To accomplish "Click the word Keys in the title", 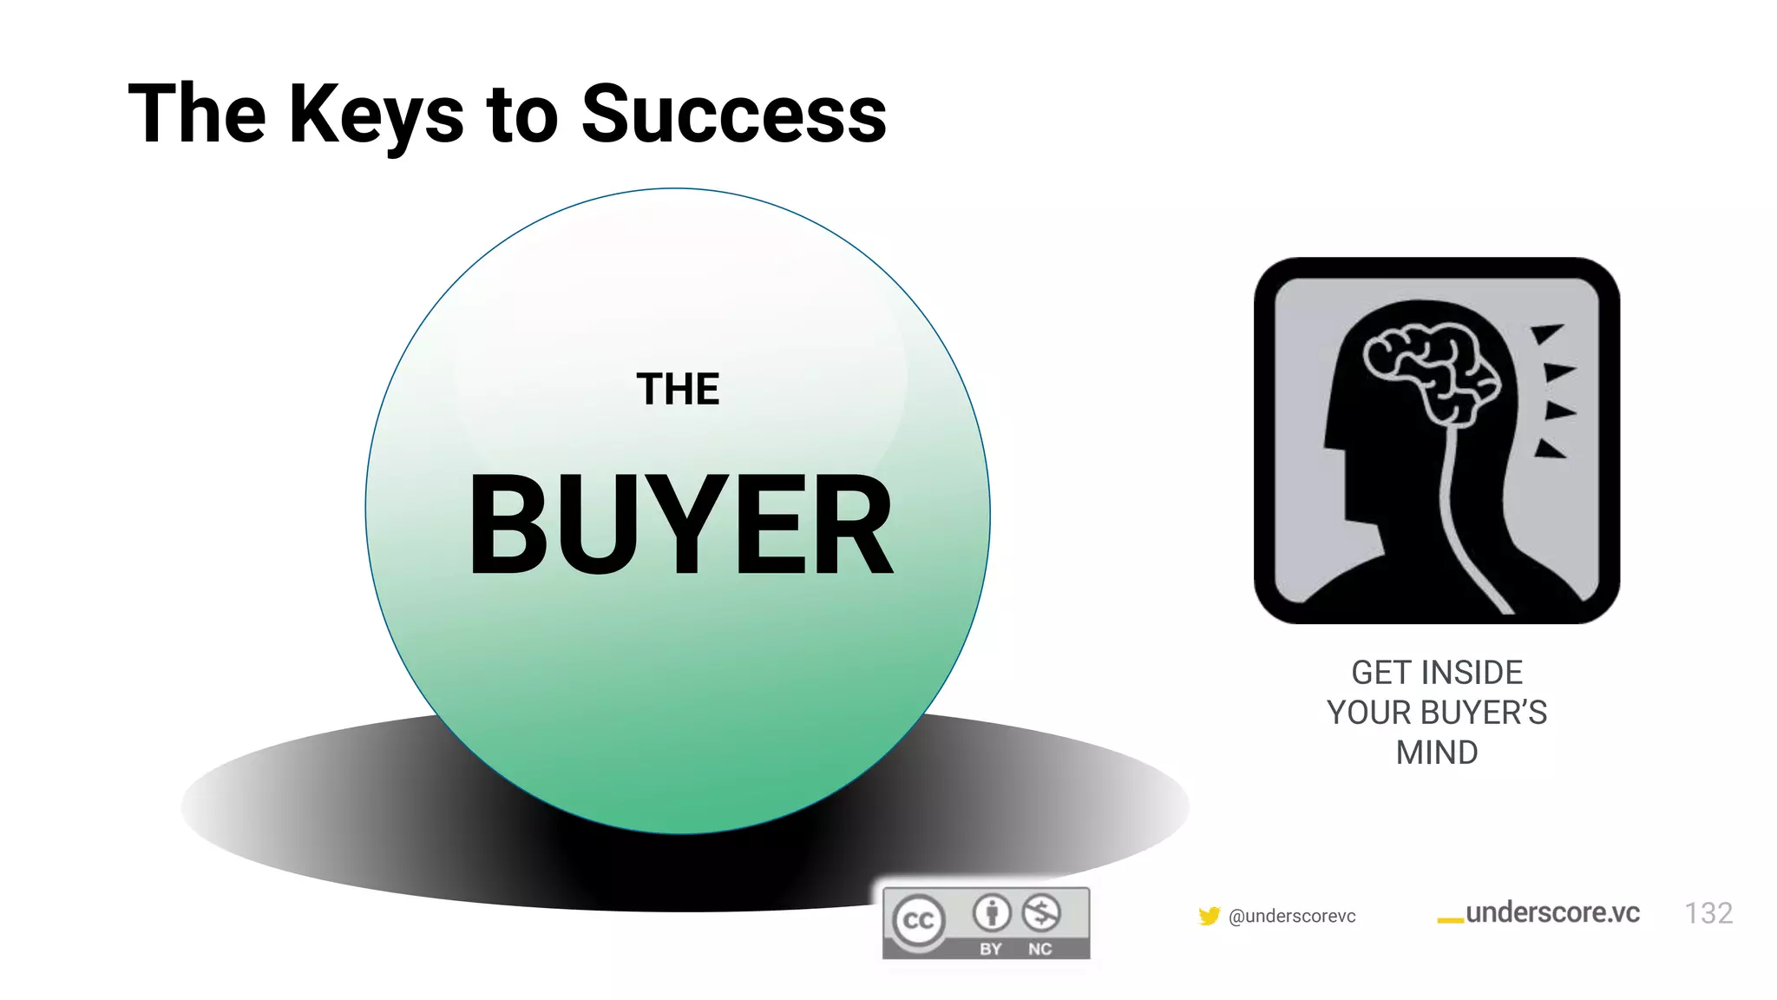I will [377, 115].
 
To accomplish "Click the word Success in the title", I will [734, 115].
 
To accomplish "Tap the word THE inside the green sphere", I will [678, 389].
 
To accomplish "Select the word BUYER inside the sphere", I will [681, 526].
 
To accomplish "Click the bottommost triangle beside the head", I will [1550, 449].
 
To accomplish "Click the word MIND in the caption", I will [1437, 753].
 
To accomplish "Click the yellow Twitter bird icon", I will [1209, 916].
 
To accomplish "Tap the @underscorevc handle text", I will [1292, 917].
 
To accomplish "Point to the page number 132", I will [1708, 913].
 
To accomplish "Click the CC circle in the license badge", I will [919, 921].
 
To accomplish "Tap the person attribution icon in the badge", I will [992, 912].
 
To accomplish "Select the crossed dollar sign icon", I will [1041, 912].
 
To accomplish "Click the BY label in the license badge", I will [991, 949].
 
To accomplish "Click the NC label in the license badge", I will [1040, 949].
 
